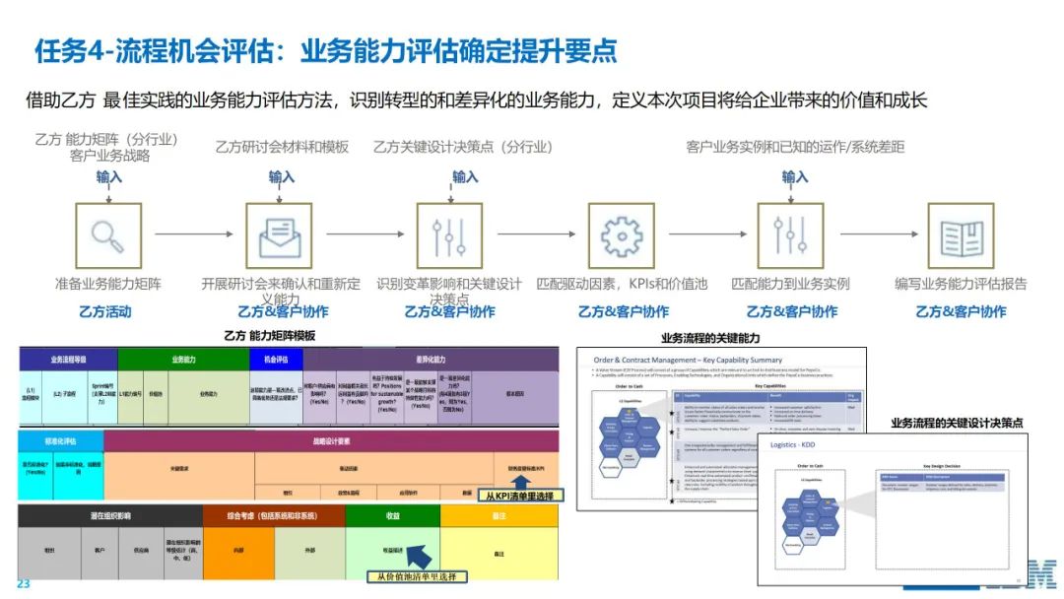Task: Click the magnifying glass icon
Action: [107, 235]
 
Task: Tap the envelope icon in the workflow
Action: [280, 235]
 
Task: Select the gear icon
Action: [621, 235]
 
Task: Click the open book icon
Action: [961, 235]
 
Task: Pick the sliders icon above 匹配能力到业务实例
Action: [790, 235]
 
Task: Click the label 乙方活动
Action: [105, 311]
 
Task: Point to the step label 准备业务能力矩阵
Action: [108, 284]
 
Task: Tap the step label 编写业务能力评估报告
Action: [961, 284]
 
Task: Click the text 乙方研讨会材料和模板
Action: [282, 147]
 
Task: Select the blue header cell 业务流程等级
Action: [68, 360]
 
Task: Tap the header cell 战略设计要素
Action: [331, 441]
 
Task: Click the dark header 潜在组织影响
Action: [108, 515]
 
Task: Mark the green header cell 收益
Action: [392, 515]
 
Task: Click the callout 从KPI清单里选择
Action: [519, 496]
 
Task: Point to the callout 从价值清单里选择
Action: [417, 576]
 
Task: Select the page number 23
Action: [24, 583]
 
